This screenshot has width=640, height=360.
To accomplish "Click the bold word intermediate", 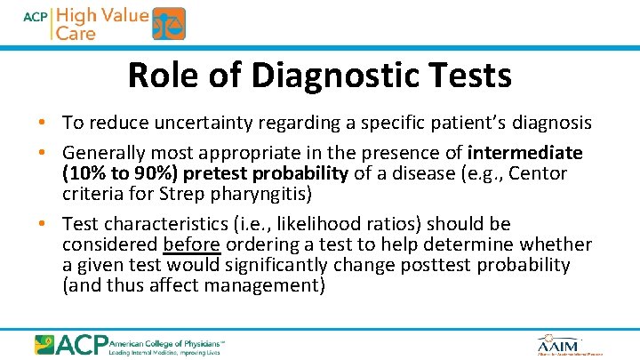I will (x=524, y=153).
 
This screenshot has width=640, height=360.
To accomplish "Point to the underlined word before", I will (x=192, y=244).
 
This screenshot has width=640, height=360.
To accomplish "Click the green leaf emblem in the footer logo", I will (x=45, y=344).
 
